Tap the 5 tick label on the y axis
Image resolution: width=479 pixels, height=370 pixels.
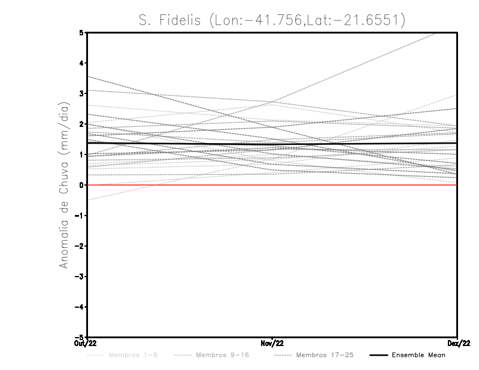click(x=81, y=33)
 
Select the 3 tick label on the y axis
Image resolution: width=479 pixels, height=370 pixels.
click(x=81, y=94)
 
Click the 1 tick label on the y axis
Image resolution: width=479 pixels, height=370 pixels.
click(x=81, y=155)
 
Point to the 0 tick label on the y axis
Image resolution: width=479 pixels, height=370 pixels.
click(x=81, y=185)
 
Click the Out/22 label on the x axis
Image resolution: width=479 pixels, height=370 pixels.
click(x=86, y=343)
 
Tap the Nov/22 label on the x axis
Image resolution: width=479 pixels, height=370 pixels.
click(x=272, y=343)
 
